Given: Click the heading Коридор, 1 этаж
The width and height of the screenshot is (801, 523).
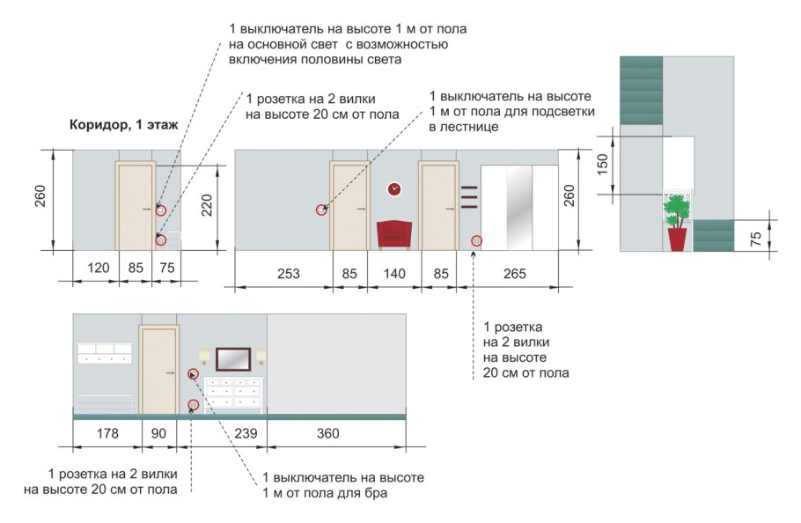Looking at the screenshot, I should pos(123,125).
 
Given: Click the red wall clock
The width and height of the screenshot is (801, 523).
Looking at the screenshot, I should pos(394,188).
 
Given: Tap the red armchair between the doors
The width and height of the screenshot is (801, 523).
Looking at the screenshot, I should pos(394,235).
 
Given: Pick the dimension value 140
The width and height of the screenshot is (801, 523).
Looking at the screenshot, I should pos(394,274).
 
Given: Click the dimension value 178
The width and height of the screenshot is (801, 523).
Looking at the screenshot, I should pos(106,433).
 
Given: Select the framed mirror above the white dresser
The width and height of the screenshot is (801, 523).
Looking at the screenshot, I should pos(232,358).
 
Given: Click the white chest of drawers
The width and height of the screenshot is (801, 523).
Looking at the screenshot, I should pos(235,394).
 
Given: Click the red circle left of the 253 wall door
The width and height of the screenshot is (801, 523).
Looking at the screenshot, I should pos(322,210).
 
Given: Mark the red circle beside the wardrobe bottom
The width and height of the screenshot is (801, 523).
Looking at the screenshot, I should pos(476,239).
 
